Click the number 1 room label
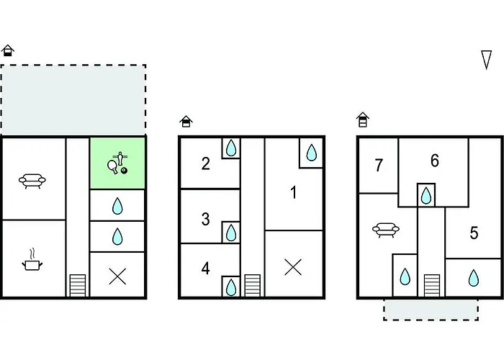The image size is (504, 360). click(293, 192)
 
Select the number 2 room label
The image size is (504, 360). click(206, 163)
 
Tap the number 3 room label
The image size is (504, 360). click(206, 219)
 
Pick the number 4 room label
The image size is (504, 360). click(206, 269)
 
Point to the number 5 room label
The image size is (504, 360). click(474, 233)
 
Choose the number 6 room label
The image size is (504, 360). click(435, 161)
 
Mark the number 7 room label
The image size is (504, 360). click(379, 166)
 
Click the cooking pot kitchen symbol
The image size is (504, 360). click(33, 261)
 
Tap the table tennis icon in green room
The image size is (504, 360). click(117, 163)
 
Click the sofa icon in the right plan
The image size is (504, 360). click(386, 230)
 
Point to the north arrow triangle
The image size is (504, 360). click(486, 60)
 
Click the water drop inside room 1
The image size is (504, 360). click(311, 153)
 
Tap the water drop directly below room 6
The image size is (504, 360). click(426, 194)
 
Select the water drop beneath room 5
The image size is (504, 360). click(473, 277)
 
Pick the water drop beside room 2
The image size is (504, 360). click(230, 149)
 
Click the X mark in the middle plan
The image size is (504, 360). click(293, 267)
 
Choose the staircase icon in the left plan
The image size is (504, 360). click(77, 285)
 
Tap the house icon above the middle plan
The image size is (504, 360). click(186, 122)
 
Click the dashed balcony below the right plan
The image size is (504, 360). click(431, 310)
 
